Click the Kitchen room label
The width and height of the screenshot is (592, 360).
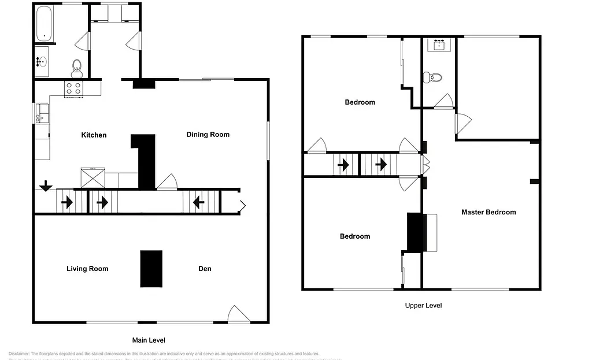click(x=94, y=135)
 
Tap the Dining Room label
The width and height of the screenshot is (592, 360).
click(x=208, y=135)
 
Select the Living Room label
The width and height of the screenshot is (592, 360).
click(x=87, y=269)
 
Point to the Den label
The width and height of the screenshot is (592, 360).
click(x=205, y=269)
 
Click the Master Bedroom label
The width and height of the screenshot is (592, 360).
click(x=488, y=212)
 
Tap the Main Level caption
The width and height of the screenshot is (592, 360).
click(x=149, y=340)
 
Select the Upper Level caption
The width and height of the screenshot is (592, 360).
click(x=423, y=306)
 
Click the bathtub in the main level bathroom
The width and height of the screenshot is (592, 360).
click(x=44, y=24)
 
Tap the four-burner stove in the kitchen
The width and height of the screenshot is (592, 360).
click(x=73, y=88)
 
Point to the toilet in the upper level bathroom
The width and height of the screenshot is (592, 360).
click(x=432, y=77)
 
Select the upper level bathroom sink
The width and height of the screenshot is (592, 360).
click(x=439, y=44)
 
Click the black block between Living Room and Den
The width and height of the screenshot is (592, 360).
click(x=151, y=269)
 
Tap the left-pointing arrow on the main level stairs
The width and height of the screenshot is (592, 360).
click(x=198, y=202)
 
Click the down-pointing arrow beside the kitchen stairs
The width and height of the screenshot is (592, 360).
click(x=46, y=186)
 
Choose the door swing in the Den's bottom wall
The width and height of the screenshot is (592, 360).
click(x=238, y=314)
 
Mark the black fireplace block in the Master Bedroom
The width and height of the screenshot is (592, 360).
click(x=416, y=233)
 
